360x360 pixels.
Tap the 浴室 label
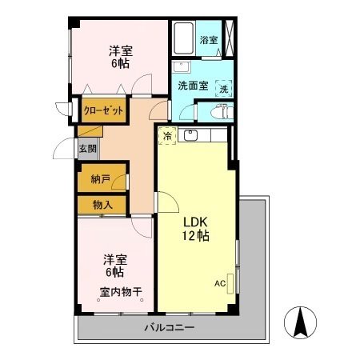(209, 38)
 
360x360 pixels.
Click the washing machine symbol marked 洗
(223, 88)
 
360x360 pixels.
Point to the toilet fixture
(225, 112)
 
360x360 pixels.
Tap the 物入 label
(102, 205)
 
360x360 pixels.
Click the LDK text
(196, 222)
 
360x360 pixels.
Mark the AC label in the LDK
(219, 283)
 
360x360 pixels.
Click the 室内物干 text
(121, 293)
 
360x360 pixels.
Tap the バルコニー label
(170, 328)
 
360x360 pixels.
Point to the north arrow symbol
(302, 323)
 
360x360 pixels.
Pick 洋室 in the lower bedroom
(115, 260)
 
